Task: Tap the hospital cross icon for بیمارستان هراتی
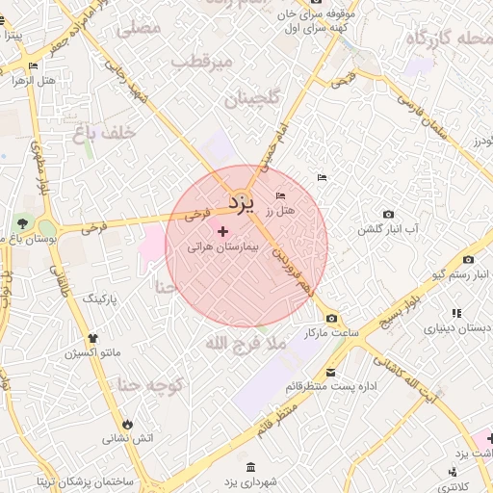click(224, 231)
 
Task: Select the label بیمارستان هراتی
click(223, 247)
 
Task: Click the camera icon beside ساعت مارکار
click(331, 319)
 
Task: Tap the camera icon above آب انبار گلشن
click(388, 214)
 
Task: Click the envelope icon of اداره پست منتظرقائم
click(331, 373)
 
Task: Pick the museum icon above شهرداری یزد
click(250, 468)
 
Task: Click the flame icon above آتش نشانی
click(127, 424)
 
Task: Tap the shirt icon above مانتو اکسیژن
click(93, 338)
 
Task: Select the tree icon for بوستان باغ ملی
click(21, 225)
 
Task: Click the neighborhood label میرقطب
click(202, 62)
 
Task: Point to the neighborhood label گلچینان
click(251, 98)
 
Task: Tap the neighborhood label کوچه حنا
click(150, 385)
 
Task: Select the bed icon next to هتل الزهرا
click(34, 66)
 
